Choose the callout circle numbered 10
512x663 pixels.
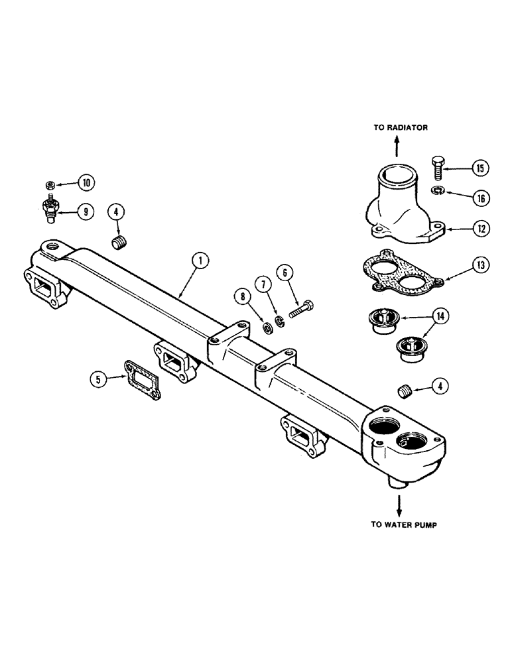pyautogui.click(x=87, y=182)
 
